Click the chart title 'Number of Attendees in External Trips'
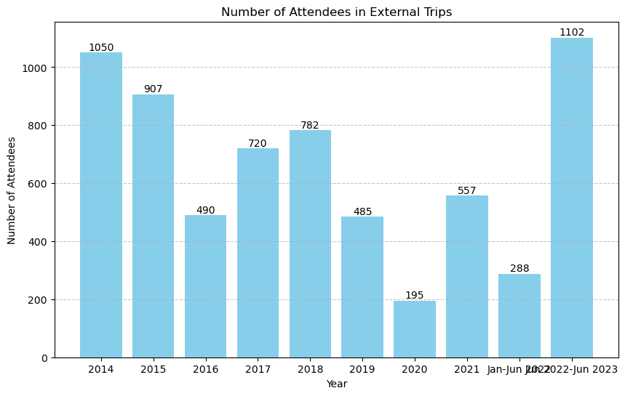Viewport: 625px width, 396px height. click(336, 12)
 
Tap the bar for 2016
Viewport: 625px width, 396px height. click(205, 286)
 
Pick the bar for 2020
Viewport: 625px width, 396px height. click(415, 329)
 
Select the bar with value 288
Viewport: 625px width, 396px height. click(519, 315)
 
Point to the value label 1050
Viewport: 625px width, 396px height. click(101, 48)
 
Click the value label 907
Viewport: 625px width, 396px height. click(153, 89)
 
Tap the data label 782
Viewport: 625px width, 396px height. click(310, 126)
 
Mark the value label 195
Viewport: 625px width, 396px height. click(415, 296)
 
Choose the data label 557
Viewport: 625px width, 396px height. click(467, 191)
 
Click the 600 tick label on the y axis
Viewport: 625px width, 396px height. click(39, 184)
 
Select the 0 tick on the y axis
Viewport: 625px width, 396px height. click(46, 357)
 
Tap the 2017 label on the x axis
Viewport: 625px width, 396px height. click(258, 370)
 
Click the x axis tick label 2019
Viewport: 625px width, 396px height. click(362, 370)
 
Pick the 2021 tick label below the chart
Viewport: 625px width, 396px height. click(467, 370)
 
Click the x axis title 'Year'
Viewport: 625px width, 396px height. click(336, 384)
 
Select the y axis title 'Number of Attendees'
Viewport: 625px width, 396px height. click(12, 190)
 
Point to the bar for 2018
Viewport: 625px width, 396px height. click(310, 244)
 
